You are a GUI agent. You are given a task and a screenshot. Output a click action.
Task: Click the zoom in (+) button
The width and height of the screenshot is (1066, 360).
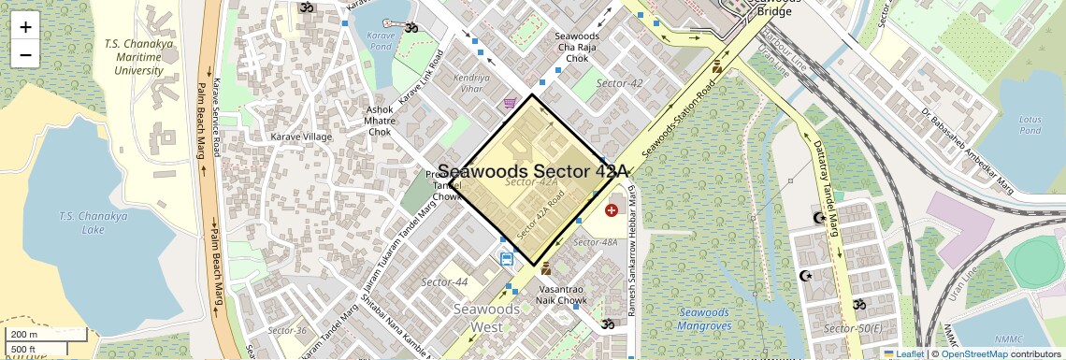pyautogui.click(x=25, y=26)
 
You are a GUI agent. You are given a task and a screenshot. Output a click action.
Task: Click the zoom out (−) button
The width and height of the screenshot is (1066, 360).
pyautogui.click(x=25, y=54)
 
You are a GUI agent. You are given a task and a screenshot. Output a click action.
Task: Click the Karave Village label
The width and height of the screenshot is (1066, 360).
pyautogui.click(x=301, y=137)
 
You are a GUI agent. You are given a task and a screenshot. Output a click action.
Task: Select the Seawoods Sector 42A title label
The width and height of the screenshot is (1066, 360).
pyautogui.click(x=533, y=171)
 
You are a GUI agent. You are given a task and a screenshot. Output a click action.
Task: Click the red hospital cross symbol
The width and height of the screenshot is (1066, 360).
pyautogui.click(x=612, y=210)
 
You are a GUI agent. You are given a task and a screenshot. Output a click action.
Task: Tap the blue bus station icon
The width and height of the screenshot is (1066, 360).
pyautogui.click(x=507, y=259)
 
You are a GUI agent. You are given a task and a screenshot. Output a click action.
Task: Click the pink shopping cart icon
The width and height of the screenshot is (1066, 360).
pyautogui.click(x=509, y=103)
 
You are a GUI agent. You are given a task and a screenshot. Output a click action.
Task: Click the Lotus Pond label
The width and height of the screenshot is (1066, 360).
pyautogui.click(x=1030, y=124)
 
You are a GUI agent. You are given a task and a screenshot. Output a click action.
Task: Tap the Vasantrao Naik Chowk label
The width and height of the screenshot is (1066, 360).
pyautogui.click(x=561, y=295)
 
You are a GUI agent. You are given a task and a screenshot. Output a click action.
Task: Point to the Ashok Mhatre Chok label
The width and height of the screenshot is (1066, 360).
pyautogui.click(x=379, y=120)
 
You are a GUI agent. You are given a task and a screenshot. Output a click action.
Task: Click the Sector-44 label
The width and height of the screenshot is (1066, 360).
pyautogui.click(x=445, y=281)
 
